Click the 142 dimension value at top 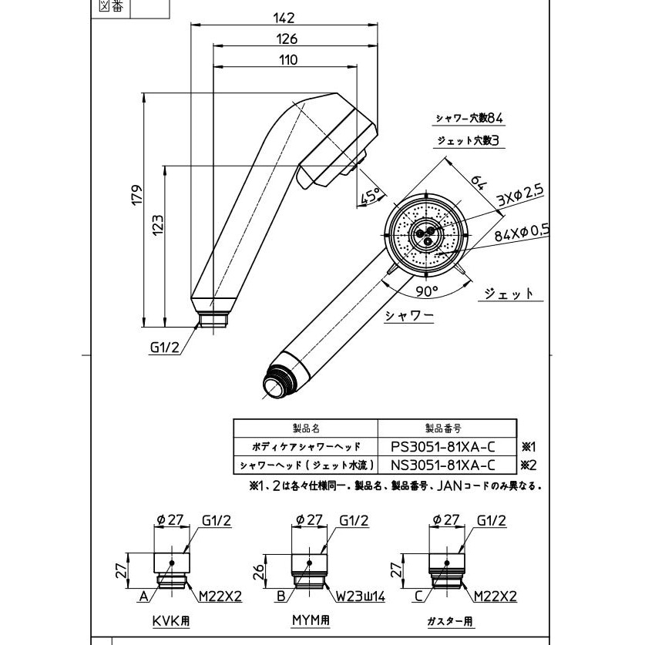point(285,19)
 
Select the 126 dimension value point(285,39)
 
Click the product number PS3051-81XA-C point(442,446)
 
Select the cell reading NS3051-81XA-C point(442,465)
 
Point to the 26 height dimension point(260,570)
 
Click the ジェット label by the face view point(509,294)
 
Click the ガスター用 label point(450,621)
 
